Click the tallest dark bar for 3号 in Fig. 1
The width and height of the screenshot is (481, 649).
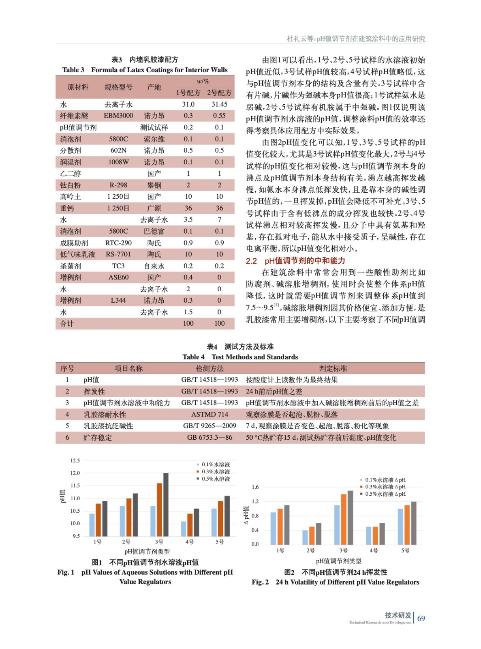[x=166, y=505]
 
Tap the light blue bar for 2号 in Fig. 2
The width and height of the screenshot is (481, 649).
[x=305, y=537]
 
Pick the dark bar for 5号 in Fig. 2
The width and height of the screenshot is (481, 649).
[x=413, y=523]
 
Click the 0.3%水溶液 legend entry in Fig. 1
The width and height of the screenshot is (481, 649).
[x=216, y=472]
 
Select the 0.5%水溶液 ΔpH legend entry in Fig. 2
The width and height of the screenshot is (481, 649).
[x=385, y=494]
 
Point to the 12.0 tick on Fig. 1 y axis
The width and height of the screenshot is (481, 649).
[x=75, y=473]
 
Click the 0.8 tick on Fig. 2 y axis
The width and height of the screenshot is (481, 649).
[x=255, y=516]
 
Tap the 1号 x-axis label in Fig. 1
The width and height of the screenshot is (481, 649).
[x=97, y=542]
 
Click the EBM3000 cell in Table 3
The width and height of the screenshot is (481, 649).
[x=118, y=116]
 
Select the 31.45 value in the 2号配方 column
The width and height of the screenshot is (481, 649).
[x=219, y=104]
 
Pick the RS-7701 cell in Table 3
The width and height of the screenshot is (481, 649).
[x=118, y=254]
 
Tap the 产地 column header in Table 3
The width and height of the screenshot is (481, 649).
[x=154, y=87]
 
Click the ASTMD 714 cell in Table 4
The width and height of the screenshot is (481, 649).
[x=210, y=415]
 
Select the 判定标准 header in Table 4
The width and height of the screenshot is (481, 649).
[x=333, y=368]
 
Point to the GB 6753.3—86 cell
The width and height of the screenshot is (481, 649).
[x=210, y=438]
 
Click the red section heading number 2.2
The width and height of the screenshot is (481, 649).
[x=251, y=261]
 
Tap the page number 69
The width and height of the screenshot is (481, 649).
[x=421, y=619]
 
